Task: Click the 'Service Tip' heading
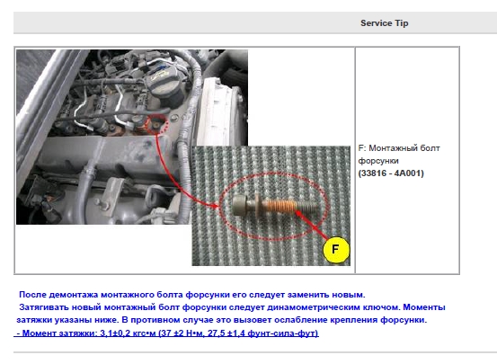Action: (x=384, y=23)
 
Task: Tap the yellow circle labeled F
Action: (x=336, y=250)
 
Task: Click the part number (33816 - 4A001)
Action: (x=391, y=173)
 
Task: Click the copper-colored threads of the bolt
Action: (x=280, y=207)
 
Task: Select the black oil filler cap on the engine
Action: (x=164, y=83)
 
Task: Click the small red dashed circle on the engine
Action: (x=156, y=124)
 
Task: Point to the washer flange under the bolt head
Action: (x=257, y=206)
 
